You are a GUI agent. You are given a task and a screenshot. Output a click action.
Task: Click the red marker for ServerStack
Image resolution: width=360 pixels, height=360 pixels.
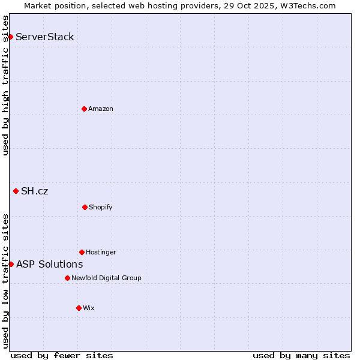(10, 37)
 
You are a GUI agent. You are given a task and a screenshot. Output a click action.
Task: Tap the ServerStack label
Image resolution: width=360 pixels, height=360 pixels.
(45, 37)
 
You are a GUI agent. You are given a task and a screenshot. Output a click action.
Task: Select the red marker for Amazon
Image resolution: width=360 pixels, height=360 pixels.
(84, 109)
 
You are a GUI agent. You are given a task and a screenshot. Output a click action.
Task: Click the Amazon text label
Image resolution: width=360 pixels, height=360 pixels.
(101, 109)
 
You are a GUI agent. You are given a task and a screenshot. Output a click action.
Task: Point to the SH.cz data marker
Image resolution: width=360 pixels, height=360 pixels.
(16, 191)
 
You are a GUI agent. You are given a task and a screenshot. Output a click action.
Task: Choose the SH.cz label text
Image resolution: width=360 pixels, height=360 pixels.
(34, 191)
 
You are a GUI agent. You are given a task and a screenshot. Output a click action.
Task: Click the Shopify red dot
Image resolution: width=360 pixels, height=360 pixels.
(85, 207)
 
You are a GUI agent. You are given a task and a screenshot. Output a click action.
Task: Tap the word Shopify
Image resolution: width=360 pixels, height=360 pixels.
(101, 208)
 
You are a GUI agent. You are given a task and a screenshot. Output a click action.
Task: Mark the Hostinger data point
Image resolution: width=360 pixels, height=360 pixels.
(82, 252)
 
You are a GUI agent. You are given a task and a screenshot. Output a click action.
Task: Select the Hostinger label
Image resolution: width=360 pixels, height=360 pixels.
(101, 253)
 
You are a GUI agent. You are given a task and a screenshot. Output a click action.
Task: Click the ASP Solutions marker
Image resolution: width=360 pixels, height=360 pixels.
(11, 264)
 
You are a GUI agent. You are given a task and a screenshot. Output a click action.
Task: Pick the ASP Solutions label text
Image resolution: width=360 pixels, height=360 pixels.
(49, 265)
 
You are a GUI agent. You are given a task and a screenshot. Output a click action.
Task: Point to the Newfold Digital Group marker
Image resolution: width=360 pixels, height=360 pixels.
(67, 278)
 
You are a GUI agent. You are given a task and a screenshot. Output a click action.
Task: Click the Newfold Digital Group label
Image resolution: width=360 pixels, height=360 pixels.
(106, 278)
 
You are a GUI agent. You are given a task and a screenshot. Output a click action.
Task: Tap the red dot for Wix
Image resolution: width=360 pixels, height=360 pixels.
(79, 308)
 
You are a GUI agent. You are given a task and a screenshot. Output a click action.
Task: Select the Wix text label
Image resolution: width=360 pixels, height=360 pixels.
(89, 308)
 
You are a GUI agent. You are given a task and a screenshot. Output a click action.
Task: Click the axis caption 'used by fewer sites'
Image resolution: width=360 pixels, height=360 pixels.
(62, 355)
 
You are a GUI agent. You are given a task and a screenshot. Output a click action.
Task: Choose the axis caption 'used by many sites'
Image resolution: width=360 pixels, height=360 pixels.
(301, 355)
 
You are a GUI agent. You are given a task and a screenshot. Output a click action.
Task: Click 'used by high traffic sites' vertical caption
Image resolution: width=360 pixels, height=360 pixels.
(5, 85)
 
